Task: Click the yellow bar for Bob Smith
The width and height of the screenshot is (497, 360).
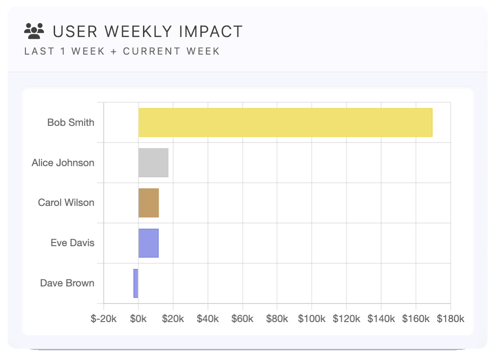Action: (285, 123)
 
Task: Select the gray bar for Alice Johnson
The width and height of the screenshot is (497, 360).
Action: (153, 163)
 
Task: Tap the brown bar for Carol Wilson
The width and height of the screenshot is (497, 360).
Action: (149, 203)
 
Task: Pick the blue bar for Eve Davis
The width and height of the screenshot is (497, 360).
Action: (149, 243)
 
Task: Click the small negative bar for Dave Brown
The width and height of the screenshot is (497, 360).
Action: (136, 283)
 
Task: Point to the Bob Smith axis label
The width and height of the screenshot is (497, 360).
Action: (71, 123)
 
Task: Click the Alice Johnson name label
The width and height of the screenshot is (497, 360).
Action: (63, 163)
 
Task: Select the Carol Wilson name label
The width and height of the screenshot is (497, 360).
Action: (66, 203)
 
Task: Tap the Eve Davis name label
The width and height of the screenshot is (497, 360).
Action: (73, 243)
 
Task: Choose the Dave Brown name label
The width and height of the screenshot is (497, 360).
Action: (67, 283)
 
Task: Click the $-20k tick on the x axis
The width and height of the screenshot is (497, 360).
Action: (104, 319)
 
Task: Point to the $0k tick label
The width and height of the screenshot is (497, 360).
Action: (138, 319)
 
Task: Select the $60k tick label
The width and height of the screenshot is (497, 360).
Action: (242, 319)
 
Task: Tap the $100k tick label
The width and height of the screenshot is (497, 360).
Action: (312, 319)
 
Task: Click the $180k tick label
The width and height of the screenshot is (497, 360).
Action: (450, 319)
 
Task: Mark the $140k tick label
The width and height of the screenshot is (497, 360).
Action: (381, 319)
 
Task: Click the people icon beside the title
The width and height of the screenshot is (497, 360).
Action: (34, 31)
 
